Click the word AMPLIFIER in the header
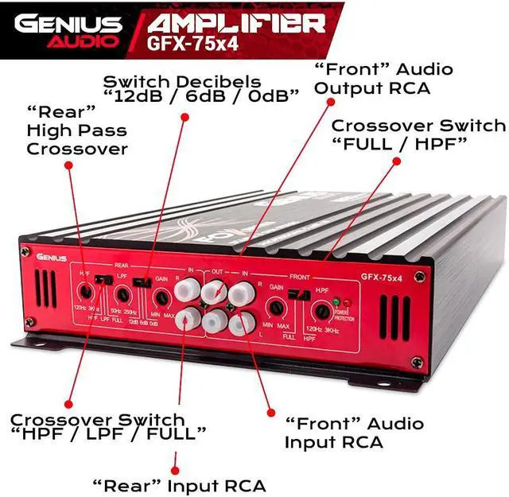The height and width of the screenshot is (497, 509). [x=236, y=21]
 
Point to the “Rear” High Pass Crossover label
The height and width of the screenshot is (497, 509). [x=76, y=130]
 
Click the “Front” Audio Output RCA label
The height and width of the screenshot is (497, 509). [x=371, y=78]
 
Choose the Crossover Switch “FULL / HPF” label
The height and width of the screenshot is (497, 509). [x=418, y=134]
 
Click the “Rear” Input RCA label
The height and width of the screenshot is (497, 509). [x=179, y=484]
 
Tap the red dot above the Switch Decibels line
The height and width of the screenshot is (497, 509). [x=185, y=116]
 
